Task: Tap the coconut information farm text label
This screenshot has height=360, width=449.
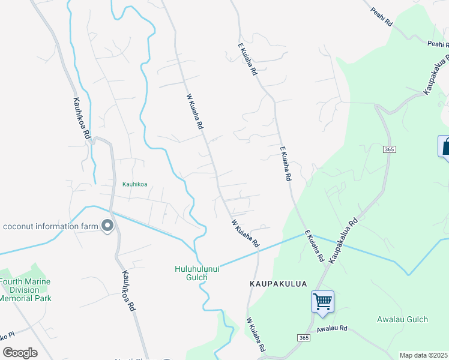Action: [x=50, y=226]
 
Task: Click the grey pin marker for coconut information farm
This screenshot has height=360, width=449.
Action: [x=108, y=226]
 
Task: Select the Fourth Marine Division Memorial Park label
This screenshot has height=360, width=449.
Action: [x=25, y=290]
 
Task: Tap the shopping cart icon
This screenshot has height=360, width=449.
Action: [x=322, y=301]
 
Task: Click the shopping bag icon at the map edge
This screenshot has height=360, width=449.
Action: [x=445, y=147]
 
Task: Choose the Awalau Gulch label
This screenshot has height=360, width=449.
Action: [x=402, y=319]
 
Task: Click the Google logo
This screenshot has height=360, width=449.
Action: [x=20, y=352]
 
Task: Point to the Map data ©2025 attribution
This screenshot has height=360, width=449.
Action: [x=424, y=355]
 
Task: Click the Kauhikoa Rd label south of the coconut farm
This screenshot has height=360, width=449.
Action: [x=128, y=290]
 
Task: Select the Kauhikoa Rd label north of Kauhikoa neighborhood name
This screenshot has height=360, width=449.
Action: [x=81, y=119]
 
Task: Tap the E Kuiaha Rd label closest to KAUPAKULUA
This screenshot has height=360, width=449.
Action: [x=313, y=246]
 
